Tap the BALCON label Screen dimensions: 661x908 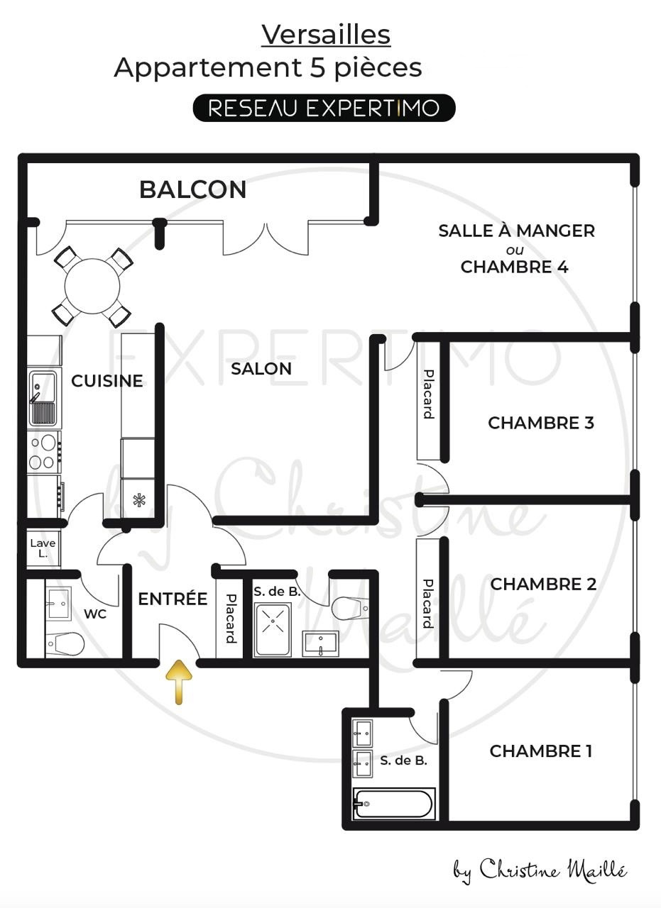coord(192,189)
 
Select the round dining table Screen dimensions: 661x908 coord(92,286)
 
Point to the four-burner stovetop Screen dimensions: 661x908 coord(44,452)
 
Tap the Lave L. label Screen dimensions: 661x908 coord(43,548)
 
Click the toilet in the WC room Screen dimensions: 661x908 coord(65,643)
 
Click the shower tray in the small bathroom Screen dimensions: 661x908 coord(272,629)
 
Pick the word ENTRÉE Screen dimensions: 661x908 coord(173,599)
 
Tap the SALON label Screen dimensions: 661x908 coord(261,369)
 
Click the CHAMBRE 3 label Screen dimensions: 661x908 coord(541,423)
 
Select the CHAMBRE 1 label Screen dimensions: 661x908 coord(541,751)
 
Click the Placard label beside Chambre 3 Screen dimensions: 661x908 coord(429,394)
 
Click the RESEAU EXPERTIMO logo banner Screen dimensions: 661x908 coord(324,108)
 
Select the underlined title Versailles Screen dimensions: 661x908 coord(326,35)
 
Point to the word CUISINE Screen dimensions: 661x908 coord(106,381)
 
